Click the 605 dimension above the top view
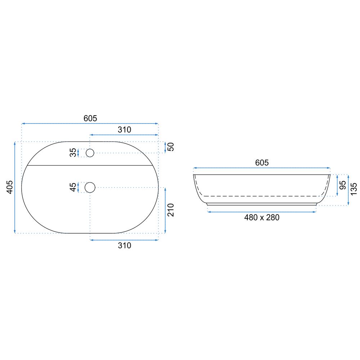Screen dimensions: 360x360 [x=90, y=118]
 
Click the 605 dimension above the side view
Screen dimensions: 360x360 [x=262, y=163]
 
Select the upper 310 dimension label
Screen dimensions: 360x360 [x=125, y=130]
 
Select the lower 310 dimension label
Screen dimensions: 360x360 [x=125, y=246]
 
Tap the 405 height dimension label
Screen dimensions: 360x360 [x=10, y=187]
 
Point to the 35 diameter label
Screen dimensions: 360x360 [x=73, y=152]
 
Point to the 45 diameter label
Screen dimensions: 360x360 [x=73, y=187]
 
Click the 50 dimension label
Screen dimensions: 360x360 [x=171, y=147]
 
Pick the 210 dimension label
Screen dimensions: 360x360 [x=171, y=210]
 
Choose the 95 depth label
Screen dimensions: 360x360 [x=343, y=185]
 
